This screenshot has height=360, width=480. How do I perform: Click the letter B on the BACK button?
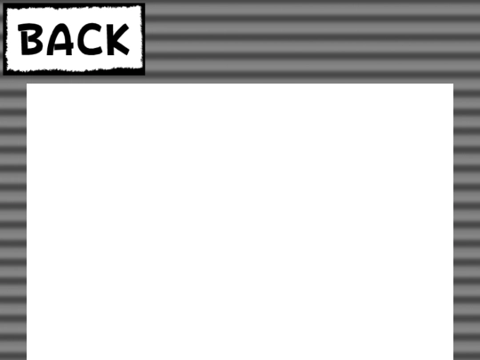click(x=29, y=40)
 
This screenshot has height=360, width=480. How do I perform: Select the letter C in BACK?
click(x=89, y=40)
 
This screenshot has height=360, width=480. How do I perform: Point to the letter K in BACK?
click(x=118, y=40)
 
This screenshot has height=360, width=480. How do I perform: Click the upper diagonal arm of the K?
click(x=123, y=31)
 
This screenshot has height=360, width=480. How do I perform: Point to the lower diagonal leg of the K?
click(x=123, y=48)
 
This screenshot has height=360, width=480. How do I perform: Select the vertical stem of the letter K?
click(x=110, y=40)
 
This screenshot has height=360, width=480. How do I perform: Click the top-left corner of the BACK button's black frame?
click(x=3, y=4)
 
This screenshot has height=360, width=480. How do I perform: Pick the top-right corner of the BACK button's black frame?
click(x=145, y=4)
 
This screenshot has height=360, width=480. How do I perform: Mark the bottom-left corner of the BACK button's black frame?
click(x=3, y=75)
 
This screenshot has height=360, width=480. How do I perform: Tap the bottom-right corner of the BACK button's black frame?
click(x=145, y=75)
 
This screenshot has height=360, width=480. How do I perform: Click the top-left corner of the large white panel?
click(x=27, y=84)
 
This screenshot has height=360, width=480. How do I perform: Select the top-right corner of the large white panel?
click(x=453, y=84)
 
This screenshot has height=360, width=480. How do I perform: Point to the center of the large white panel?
click(x=240, y=221)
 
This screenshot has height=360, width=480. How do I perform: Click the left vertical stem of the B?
click(x=24, y=40)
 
